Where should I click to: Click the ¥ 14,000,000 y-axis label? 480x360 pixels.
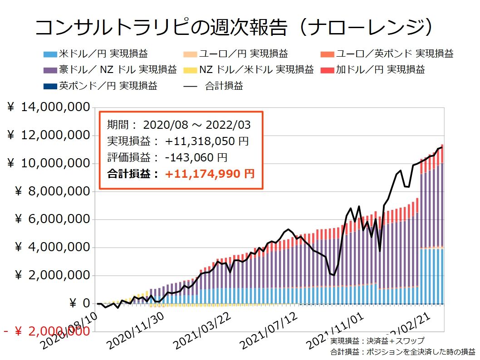tap(47, 108)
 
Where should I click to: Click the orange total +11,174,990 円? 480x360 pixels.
tap(210, 173)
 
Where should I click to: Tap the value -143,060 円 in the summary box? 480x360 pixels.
tap(196, 157)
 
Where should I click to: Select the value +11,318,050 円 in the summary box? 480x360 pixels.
tap(206, 141)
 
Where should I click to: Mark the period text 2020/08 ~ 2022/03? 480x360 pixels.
tap(196, 125)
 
